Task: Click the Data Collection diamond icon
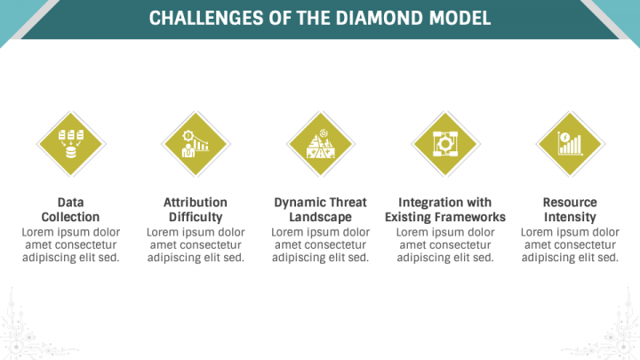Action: click(x=70, y=144)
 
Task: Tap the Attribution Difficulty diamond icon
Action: click(x=196, y=144)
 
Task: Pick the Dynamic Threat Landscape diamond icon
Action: click(x=320, y=144)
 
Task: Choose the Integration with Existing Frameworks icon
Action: click(x=444, y=144)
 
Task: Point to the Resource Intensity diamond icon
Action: click(x=569, y=144)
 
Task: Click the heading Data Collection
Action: click(x=70, y=210)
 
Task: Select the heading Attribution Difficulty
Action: click(x=196, y=210)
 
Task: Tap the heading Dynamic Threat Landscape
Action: click(x=320, y=210)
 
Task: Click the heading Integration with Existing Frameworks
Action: click(x=444, y=210)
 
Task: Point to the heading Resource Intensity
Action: click(x=570, y=210)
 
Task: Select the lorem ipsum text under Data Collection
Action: click(x=70, y=245)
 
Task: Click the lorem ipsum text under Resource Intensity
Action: click(x=570, y=245)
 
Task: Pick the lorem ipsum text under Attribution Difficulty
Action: click(x=196, y=245)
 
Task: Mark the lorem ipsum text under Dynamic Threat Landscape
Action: click(x=320, y=245)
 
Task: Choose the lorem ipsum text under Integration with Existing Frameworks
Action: click(x=444, y=245)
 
